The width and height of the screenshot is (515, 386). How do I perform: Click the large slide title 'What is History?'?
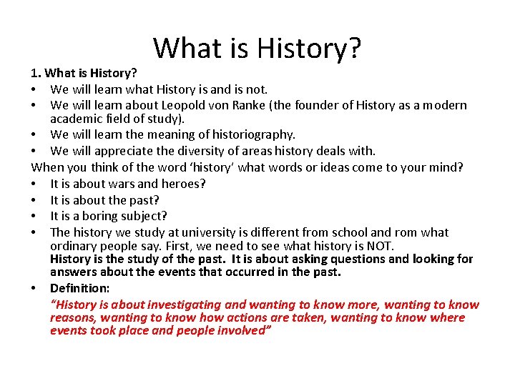pos(257,48)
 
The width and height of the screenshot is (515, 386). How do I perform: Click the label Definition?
pos(79,288)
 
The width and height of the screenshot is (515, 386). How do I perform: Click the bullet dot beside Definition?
pos(34,288)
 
